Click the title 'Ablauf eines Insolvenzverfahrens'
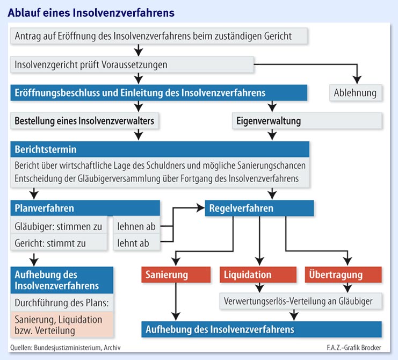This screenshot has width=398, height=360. point(91,11)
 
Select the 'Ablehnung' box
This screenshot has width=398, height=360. point(355,93)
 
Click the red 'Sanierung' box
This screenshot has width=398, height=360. point(167,275)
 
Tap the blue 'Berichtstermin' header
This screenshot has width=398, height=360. point(160,149)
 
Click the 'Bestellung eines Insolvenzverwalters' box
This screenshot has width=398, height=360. point(85,121)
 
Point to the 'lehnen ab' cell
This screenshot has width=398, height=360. point(136,226)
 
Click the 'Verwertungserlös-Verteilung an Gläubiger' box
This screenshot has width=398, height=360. point(301,301)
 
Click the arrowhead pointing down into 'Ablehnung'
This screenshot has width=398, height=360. point(355,79)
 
